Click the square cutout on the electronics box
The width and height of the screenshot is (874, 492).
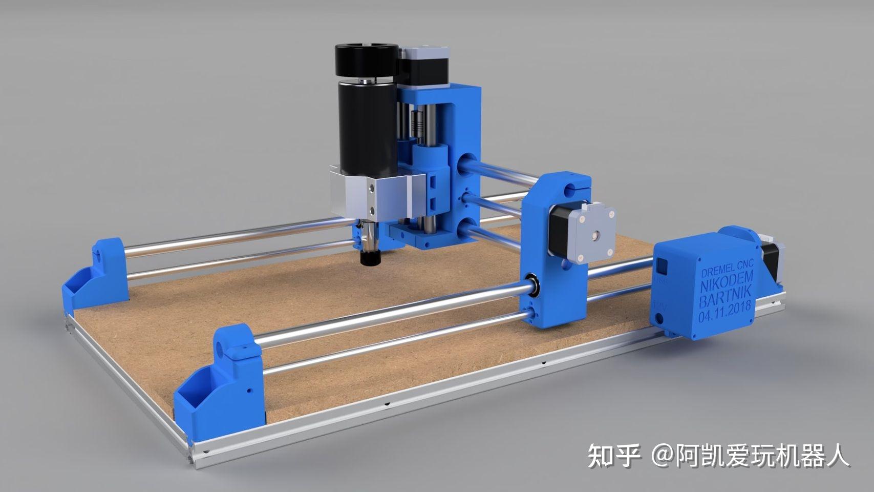[662, 266]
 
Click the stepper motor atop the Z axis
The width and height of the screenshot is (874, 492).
[425, 65]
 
